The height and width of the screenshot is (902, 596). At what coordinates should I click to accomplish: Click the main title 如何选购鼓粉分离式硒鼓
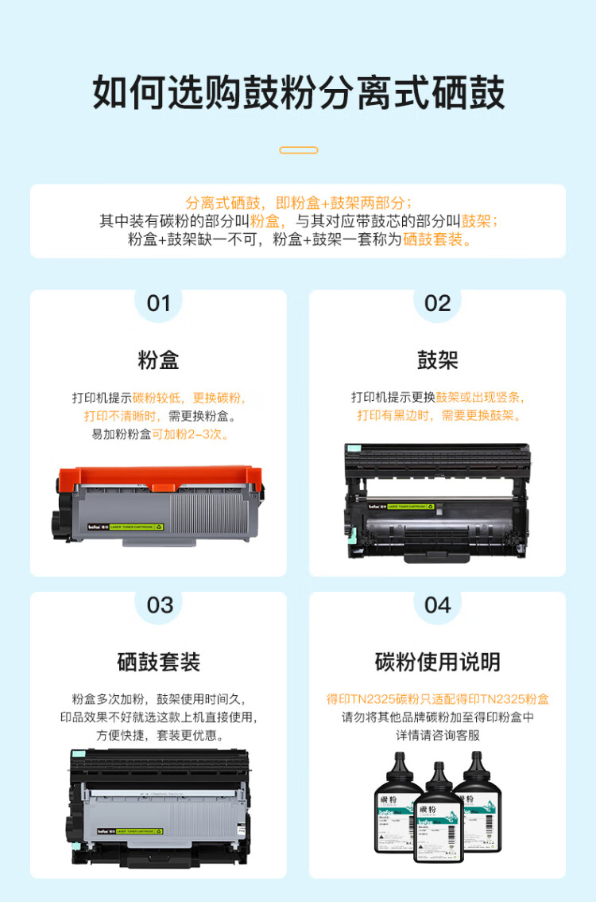pos(298,93)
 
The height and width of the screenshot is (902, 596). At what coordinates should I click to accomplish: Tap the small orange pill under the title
pos(299,150)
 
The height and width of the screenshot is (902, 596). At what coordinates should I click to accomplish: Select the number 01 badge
pos(159,303)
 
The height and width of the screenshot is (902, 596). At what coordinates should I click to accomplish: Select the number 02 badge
pos(437,303)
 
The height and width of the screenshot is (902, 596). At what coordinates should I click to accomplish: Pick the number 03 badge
pos(159,605)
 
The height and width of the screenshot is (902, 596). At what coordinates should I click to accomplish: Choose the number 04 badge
pos(437,605)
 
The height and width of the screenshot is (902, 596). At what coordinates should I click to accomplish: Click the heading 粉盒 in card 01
pos(158,360)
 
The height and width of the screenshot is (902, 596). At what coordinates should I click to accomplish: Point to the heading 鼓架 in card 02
pos(437,360)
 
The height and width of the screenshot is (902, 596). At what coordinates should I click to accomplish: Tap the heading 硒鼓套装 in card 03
pos(158,662)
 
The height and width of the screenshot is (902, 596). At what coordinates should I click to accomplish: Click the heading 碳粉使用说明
pos(437,662)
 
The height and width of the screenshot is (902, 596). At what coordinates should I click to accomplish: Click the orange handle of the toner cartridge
pos(159,479)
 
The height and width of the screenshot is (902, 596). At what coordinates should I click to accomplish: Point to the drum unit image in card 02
pos(437,499)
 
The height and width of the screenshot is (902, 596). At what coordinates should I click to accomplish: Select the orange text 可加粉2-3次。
pos(190,435)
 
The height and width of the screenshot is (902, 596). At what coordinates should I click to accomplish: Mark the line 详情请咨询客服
pos(437,736)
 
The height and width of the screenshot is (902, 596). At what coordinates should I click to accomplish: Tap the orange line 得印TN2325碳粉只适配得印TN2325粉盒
pos(437,699)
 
